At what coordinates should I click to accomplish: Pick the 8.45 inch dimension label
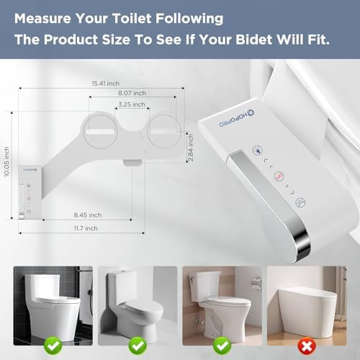[87, 215]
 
